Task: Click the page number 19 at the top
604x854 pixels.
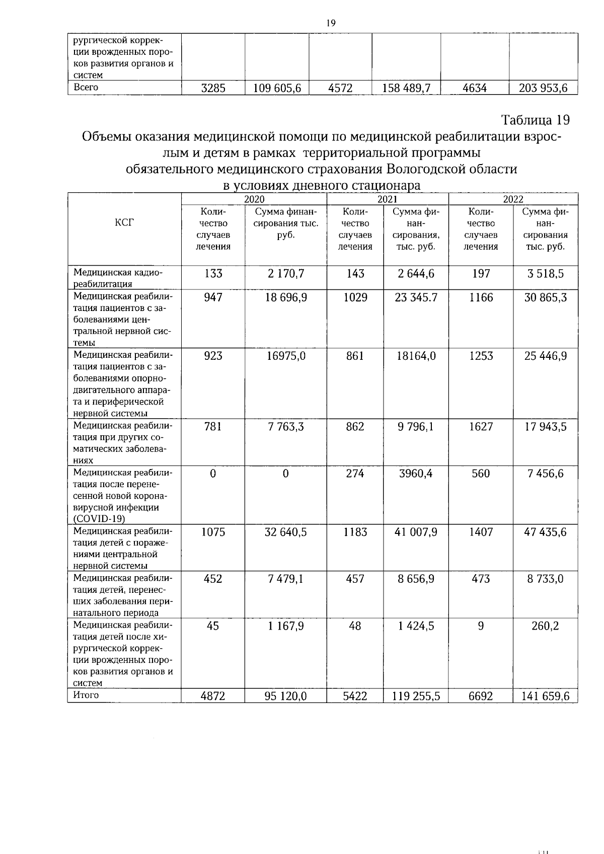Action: coord(330,23)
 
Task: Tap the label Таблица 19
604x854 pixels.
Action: coord(535,120)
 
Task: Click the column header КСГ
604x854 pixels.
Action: coord(124,222)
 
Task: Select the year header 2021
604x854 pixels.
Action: coord(387,199)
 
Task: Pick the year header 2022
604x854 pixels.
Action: coord(513,199)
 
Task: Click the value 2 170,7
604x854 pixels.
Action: coord(285,274)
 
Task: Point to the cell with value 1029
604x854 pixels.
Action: coord(355,297)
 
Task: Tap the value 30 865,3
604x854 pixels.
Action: coord(546,297)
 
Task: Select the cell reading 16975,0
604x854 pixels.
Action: coord(286,356)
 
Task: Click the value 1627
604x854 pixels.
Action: coord(481,427)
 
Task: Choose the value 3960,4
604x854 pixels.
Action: coord(416,474)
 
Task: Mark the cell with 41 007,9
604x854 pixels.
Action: coord(416,532)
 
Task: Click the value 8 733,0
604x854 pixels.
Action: coord(546,579)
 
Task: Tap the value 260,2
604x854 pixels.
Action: coord(546,626)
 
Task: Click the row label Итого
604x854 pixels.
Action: coord(86,695)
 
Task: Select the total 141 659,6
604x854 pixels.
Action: coord(546,696)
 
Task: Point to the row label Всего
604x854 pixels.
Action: coord(86,87)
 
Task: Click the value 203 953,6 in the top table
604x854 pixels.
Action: coord(543,89)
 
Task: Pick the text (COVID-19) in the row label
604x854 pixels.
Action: coord(99,519)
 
